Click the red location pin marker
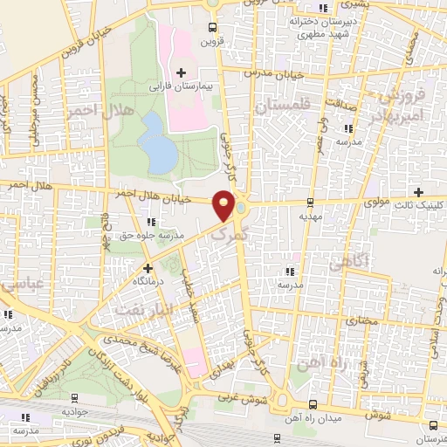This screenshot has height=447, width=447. (x=225, y=206)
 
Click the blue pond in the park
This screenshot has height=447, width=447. (x=158, y=142)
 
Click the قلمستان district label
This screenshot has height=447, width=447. (x=283, y=106)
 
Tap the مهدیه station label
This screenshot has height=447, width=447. (x=311, y=215)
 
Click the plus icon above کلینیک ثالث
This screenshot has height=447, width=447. (x=419, y=192)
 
